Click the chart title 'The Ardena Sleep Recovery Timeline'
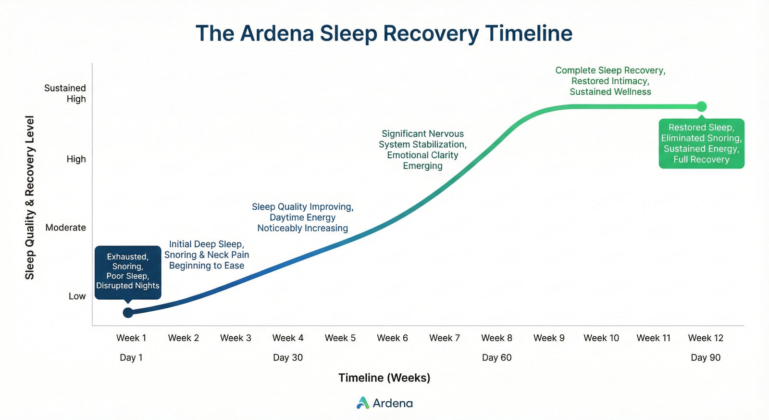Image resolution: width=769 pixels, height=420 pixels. pyautogui.click(x=384, y=34)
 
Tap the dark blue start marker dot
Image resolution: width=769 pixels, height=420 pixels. pyautogui.click(x=128, y=313)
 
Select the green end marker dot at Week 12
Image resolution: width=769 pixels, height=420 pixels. pyautogui.click(x=702, y=106)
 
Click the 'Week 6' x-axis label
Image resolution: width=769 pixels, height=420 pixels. pyautogui.click(x=392, y=338)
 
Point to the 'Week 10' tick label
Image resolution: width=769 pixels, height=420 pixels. pyautogui.click(x=601, y=338)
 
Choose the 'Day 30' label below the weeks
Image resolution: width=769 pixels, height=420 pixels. pyautogui.click(x=287, y=357)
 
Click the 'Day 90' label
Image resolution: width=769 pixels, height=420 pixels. pyautogui.click(x=705, y=357)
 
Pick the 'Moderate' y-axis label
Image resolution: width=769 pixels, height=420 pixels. pyautogui.click(x=65, y=228)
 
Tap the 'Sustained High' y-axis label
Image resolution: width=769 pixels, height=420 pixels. pyautogui.click(x=65, y=93)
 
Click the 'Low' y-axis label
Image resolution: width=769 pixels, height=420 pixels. pyautogui.click(x=77, y=296)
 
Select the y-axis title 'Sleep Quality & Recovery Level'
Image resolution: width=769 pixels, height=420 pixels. pyautogui.click(x=30, y=197)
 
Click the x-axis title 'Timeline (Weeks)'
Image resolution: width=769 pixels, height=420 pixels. pyautogui.click(x=384, y=378)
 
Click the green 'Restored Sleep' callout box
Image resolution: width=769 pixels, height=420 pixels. pyautogui.click(x=701, y=143)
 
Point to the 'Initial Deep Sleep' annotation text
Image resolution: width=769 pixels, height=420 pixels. pyautogui.click(x=207, y=255)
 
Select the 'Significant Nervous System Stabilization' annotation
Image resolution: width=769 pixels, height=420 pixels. pyautogui.click(x=422, y=150)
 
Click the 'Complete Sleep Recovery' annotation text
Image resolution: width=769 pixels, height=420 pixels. pyautogui.click(x=610, y=81)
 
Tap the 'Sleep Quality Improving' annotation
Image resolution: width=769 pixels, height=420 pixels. pyautogui.click(x=302, y=217)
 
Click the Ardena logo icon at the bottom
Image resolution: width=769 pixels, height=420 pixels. pyautogui.click(x=363, y=403)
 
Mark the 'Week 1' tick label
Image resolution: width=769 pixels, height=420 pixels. pyautogui.click(x=131, y=338)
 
